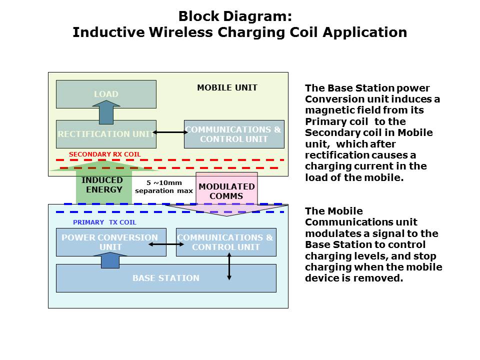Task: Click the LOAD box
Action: pos(106,94)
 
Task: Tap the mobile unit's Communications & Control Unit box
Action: pos(234,134)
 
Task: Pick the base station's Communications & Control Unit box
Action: pos(225,242)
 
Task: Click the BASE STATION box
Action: pos(165,278)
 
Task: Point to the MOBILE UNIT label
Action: pos(227,87)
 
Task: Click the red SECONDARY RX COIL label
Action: pos(105,154)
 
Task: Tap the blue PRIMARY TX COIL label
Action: pos(104,222)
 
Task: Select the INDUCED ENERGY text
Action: pos(102,185)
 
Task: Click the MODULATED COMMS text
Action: pos(226,191)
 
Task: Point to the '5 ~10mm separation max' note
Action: pos(164,187)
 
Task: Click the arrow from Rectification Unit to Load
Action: pos(106,112)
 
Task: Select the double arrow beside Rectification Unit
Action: pos(170,132)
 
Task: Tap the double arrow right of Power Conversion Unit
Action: pos(166,244)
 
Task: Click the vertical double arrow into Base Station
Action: pos(229,266)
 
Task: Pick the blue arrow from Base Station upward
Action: pos(110,260)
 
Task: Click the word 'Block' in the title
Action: pos(199,16)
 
